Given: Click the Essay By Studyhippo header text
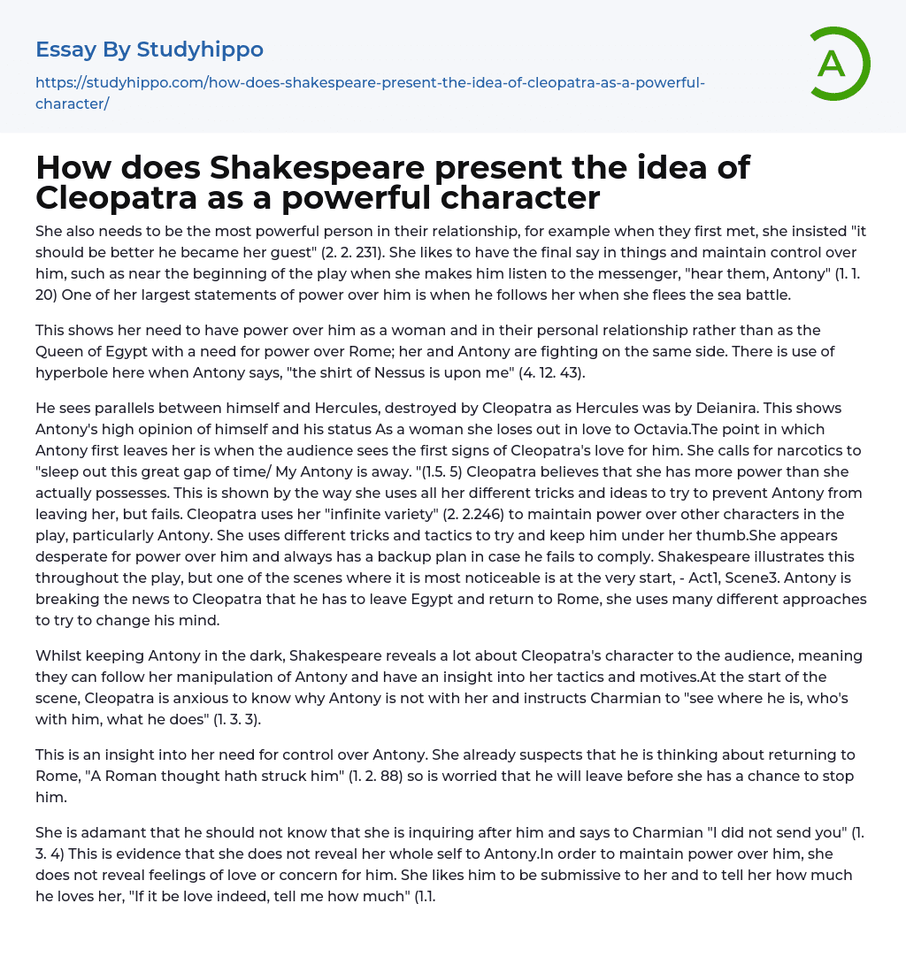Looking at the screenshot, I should click(150, 49).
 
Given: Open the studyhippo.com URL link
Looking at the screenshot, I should click(370, 93).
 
